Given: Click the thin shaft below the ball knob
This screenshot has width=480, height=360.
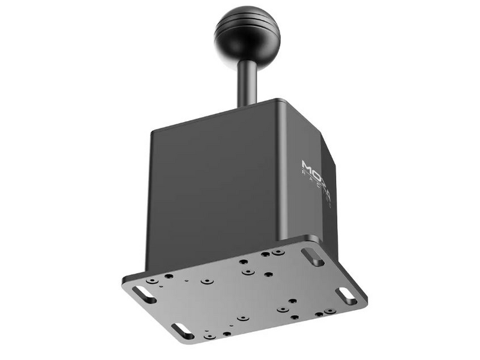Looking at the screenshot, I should pos(246,81).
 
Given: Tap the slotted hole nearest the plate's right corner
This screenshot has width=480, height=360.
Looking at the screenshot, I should pos(346,296).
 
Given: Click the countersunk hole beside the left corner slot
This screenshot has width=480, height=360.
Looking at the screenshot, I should pos(152,280).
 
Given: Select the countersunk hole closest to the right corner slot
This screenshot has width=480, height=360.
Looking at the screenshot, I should pos(329,311).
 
